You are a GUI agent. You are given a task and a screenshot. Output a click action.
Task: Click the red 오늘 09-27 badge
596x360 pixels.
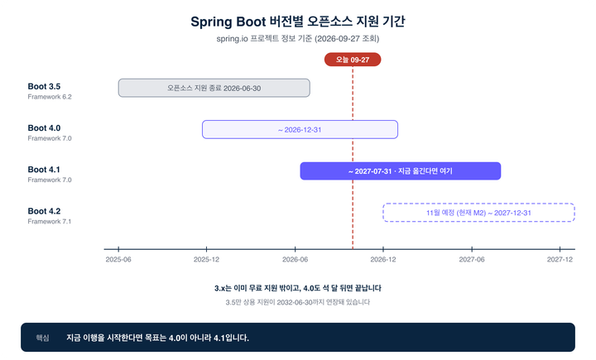click(353, 60)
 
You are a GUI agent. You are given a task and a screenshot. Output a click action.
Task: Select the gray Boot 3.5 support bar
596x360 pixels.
click(214, 88)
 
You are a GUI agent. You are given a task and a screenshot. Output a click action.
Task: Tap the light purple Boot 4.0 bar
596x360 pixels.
click(300, 130)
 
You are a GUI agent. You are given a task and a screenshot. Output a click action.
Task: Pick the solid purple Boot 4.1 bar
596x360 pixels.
click(401, 171)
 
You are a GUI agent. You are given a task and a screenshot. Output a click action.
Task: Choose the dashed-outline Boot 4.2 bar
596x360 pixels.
click(478, 213)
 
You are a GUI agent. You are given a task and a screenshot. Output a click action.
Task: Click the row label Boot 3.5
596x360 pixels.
click(44, 86)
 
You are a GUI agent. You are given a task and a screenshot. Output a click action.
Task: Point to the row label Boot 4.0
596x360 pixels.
click(44, 128)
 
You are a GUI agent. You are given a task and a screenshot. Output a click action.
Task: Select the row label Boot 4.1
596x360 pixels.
click(44, 170)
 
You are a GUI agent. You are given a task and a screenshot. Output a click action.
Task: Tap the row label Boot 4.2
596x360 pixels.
click(44, 211)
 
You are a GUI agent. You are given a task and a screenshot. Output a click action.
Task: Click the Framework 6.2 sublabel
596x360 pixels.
click(50, 97)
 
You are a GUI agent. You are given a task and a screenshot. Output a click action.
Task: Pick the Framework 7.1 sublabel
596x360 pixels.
click(50, 221)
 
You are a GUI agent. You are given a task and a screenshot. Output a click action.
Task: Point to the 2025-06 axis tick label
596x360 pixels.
click(118, 259)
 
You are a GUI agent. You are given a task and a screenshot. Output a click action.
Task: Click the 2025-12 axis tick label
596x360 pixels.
click(206, 259)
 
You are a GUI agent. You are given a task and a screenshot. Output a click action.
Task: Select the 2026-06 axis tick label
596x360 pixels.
click(295, 259)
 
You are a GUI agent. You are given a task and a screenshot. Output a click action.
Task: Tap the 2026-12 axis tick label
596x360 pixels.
click(383, 259)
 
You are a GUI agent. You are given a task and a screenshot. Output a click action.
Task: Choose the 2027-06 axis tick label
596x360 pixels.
click(472, 259)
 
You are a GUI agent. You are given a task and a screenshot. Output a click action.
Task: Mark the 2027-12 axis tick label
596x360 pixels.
click(560, 259)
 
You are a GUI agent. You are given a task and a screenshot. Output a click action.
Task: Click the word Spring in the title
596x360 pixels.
click(211, 22)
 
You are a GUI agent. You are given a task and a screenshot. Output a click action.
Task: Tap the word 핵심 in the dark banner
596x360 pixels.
click(42, 338)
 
